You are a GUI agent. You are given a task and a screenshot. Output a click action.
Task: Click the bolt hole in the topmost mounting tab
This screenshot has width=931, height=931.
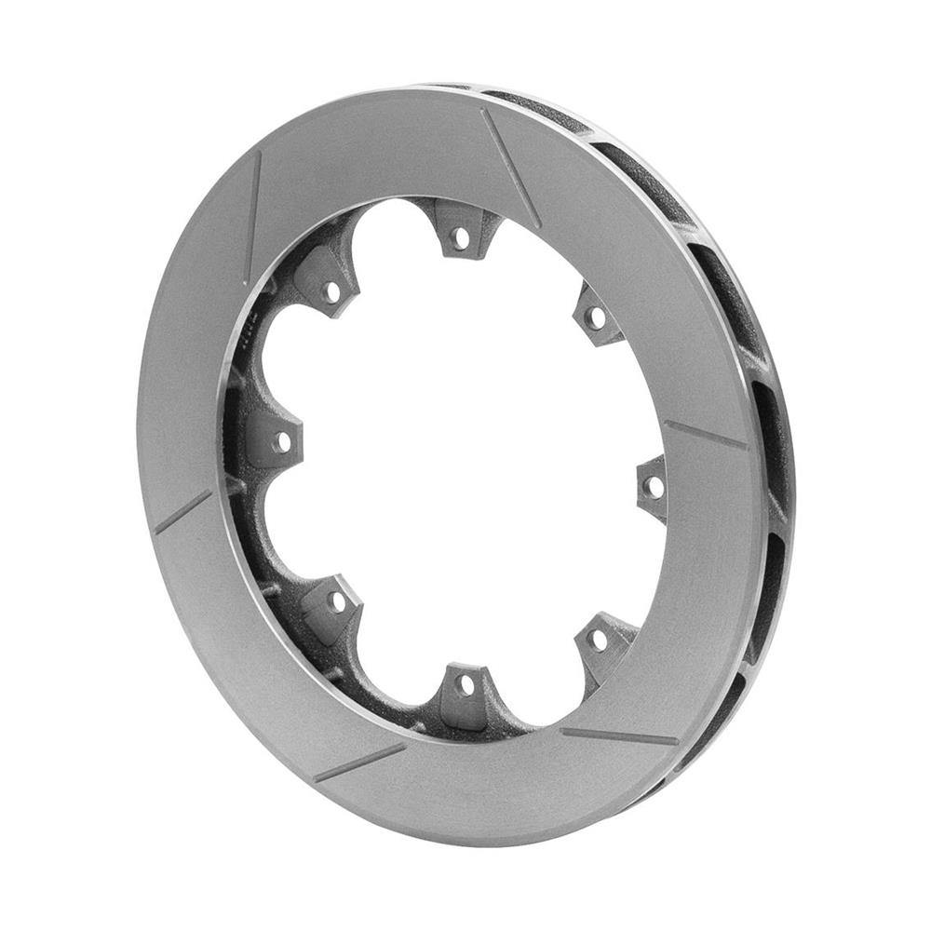click(460, 238)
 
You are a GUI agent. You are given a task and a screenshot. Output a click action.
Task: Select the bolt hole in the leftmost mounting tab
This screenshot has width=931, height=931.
click(280, 440)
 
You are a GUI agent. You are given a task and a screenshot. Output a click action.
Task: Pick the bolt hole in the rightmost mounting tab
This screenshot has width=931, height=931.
click(655, 486)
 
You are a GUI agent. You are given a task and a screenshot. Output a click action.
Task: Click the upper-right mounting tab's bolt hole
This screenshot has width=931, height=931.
click(597, 319)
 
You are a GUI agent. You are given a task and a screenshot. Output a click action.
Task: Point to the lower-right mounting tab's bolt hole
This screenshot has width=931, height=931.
click(600, 641)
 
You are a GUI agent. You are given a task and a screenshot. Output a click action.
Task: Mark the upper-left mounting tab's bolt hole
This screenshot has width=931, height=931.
click(331, 291)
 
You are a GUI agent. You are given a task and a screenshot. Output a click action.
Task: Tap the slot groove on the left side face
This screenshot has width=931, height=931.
click(182, 512)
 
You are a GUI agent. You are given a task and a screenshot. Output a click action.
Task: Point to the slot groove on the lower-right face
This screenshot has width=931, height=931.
click(620, 736)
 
